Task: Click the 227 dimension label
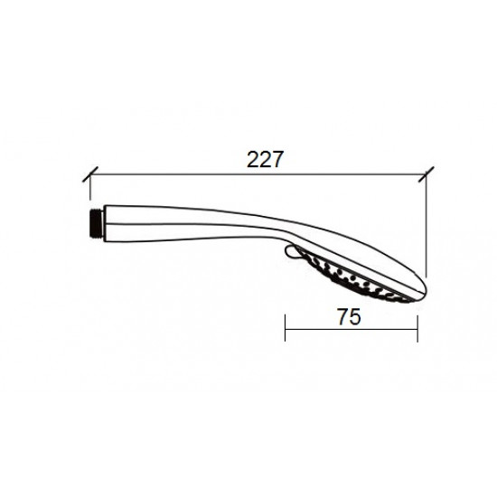tap(265, 159)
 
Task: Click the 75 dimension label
tap(349, 316)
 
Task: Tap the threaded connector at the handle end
tap(96, 223)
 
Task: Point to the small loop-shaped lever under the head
tap(292, 252)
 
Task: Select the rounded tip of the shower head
tap(423, 290)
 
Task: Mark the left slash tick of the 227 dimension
tap(90, 174)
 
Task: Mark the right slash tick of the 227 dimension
tap(426, 174)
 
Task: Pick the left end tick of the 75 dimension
tap(286, 328)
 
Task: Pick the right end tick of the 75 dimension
tap(417, 329)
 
